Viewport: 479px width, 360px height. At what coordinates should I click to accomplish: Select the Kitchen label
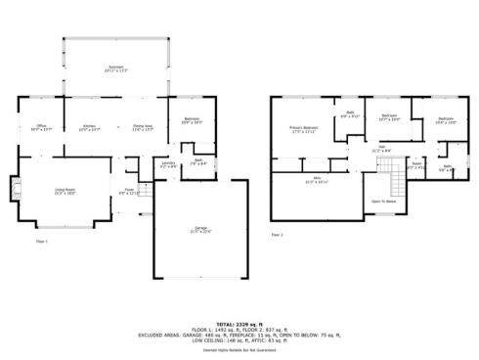click(x=89, y=127)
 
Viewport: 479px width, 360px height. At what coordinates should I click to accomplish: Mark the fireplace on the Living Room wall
click(x=14, y=187)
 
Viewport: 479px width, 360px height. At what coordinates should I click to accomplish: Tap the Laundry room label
click(x=168, y=164)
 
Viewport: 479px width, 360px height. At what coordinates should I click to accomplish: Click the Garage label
click(x=199, y=231)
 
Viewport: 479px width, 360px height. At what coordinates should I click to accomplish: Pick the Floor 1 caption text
click(x=42, y=240)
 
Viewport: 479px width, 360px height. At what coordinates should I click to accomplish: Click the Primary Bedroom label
click(x=304, y=129)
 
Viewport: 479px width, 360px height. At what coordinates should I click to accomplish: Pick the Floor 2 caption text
click(x=277, y=236)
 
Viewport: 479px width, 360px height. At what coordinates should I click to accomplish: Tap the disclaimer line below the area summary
click(x=239, y=348)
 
